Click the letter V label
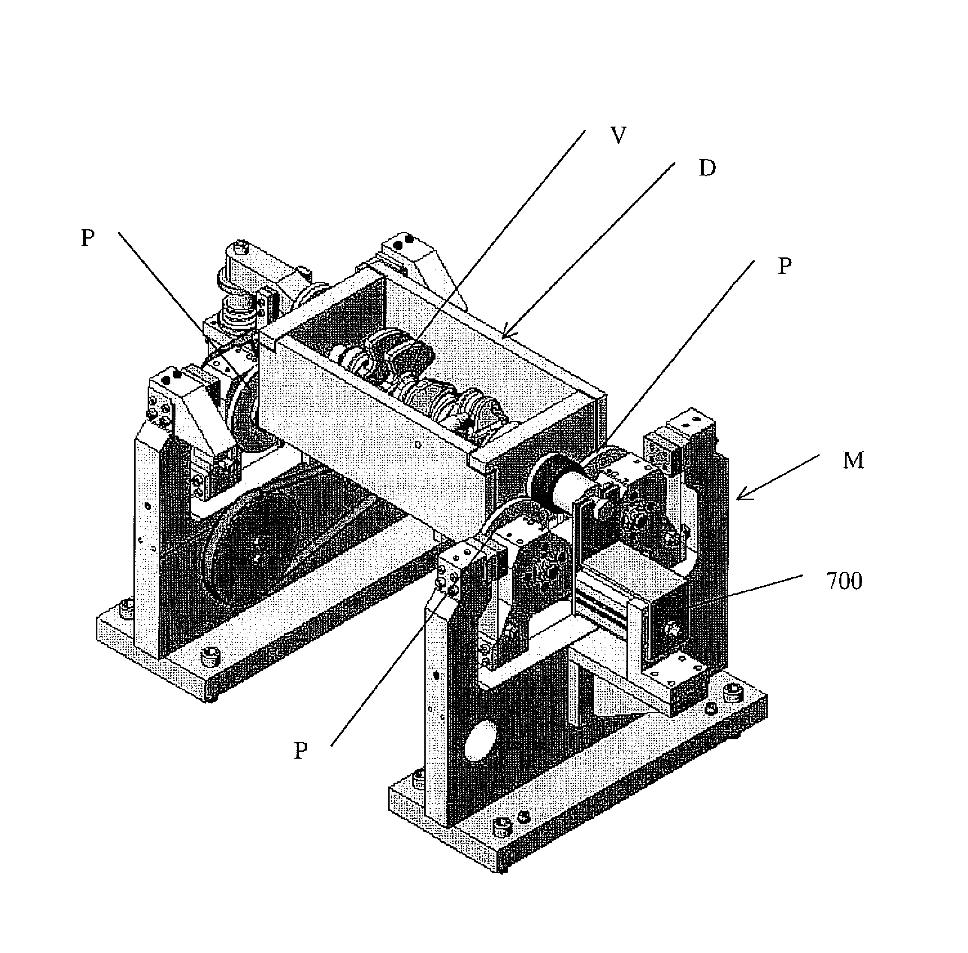tap(619, 135)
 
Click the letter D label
tap(707, 169)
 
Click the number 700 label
tap(844, 581)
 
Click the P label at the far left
tap(88, 238)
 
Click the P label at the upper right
tap(784, 267)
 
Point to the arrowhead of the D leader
tap(503, 336)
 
